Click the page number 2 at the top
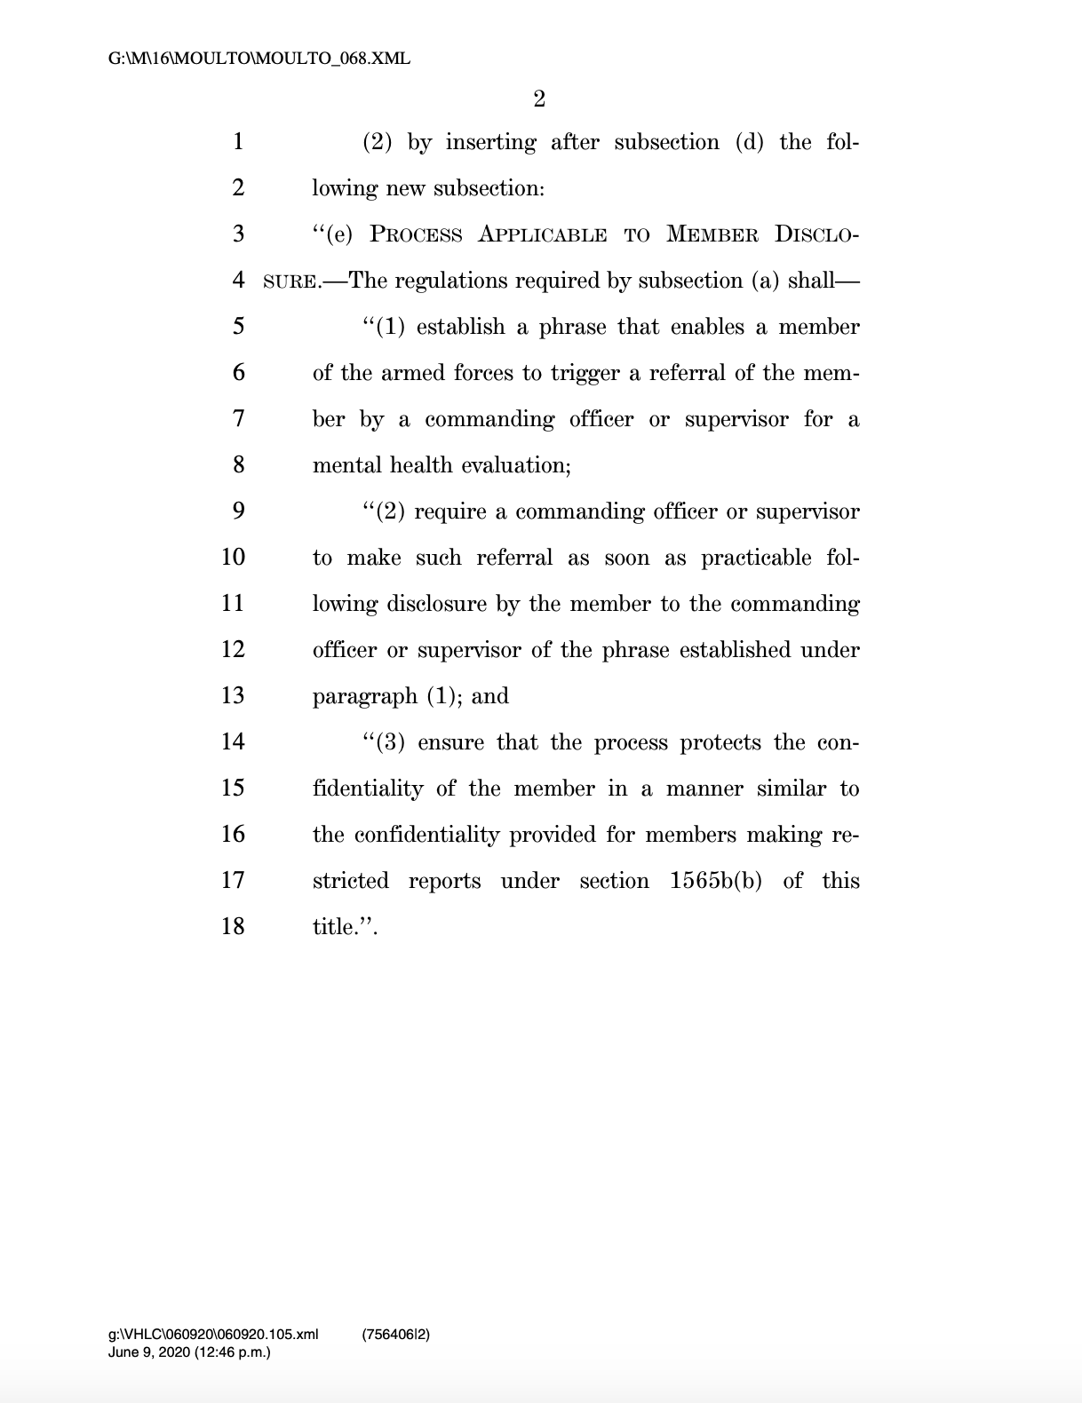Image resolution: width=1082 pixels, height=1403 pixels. [539, 99]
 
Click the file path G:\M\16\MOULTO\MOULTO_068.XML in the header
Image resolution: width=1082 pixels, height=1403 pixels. [259, 59]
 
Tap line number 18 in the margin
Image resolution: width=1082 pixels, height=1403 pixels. [233, 926]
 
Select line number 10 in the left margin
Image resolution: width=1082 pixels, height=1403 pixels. [233, 557]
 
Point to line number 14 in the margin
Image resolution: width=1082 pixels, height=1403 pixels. [233, 741]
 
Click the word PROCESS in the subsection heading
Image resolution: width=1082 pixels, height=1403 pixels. [416, 234]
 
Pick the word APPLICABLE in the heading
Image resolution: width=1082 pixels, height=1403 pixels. [542, 234]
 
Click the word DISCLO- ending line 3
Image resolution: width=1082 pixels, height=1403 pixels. [816, 234]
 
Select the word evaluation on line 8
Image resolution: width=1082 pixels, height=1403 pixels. [518, 465]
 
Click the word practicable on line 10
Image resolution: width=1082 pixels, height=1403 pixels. [756, 558]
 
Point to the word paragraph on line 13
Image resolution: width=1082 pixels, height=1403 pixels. [364, 696]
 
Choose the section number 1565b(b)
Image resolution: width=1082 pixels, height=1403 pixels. [716, 881]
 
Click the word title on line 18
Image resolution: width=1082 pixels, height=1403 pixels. [334, 927]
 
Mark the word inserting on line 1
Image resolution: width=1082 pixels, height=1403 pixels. [490, 142]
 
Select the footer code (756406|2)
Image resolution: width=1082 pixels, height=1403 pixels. [396, 1334]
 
